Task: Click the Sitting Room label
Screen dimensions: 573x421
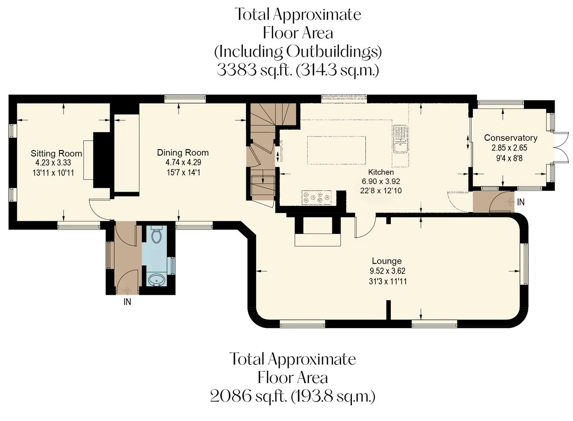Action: pyautogui.click(x=56, y=153)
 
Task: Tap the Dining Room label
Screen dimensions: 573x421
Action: pyautogui.click(x=183, y=152)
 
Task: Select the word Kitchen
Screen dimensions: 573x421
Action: pyautogui.click(x=381, y=172)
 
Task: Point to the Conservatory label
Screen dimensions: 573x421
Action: pyautogui.click(x=511, y=138)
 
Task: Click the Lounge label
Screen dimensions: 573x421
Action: pyautogui.click(x=387, y=261)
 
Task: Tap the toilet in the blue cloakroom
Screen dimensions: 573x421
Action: pyautogui.click(x=156, y=234)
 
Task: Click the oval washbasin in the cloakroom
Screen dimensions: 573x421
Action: pyautogui.click(x=156, y=280)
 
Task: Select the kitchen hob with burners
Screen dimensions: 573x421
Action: pyautogui.click(x=317, y=198)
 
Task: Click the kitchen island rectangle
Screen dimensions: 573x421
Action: pyautogui.click(x=336, y=150)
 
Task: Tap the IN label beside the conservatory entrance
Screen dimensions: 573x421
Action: pyautogui.click(x=521, y=202)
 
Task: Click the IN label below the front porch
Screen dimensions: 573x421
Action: pyautogui.click(x=127, y=302)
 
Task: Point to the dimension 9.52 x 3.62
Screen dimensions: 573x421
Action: pyautogui.click(x=387, y=271)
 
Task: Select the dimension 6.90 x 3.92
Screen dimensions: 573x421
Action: pyautogui.click(x=381, y=181)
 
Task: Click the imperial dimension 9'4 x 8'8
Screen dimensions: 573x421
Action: pyautogui.click(x=509, y=158)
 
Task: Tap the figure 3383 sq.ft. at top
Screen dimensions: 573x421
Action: pyautogui.click(x=255, y=70)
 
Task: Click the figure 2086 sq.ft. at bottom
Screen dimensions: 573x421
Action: pyautogui.click(x=248, y=397)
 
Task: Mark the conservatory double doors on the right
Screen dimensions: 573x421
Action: pyautogui.click(x=561, y=147)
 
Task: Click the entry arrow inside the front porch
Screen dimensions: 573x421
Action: pyautogui.click(x=127, y=290)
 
